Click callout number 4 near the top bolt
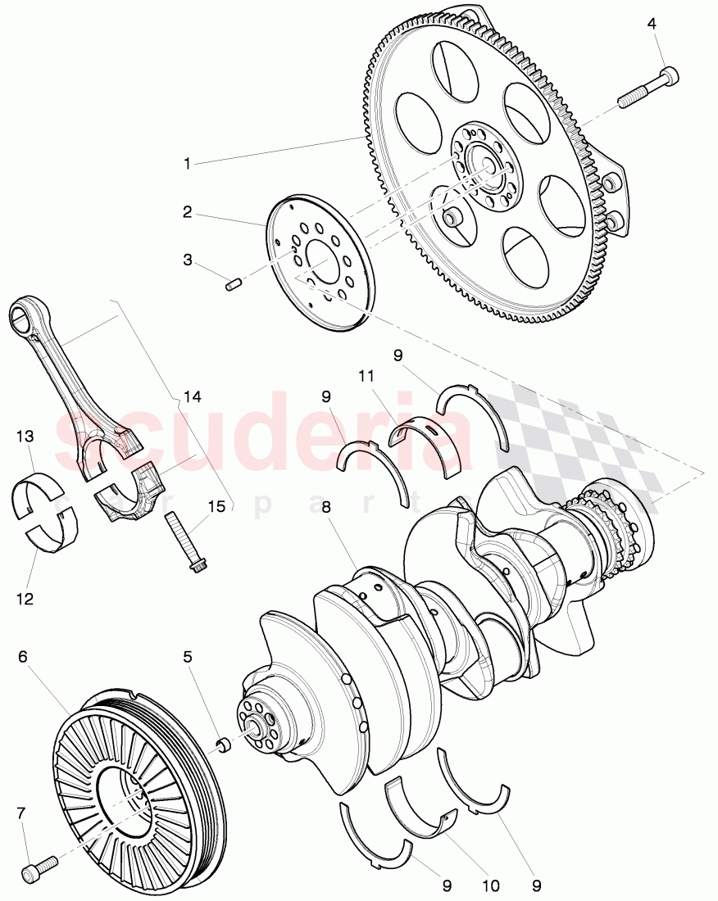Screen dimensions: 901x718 pos(652,24)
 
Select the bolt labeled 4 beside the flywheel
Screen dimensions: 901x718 pos(647,88)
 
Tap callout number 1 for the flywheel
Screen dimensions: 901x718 pos(187,164)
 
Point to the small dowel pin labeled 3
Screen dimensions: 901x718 pos(232,285)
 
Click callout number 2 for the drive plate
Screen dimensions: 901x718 pos(188,212)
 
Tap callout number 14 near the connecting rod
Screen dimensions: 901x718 pos(193,397)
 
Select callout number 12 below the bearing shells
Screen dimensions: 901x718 pos(25,599)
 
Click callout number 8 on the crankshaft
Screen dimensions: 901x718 pos(326,507)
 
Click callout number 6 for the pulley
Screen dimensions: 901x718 pos(23,656)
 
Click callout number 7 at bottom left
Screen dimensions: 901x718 pos(22,812)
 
